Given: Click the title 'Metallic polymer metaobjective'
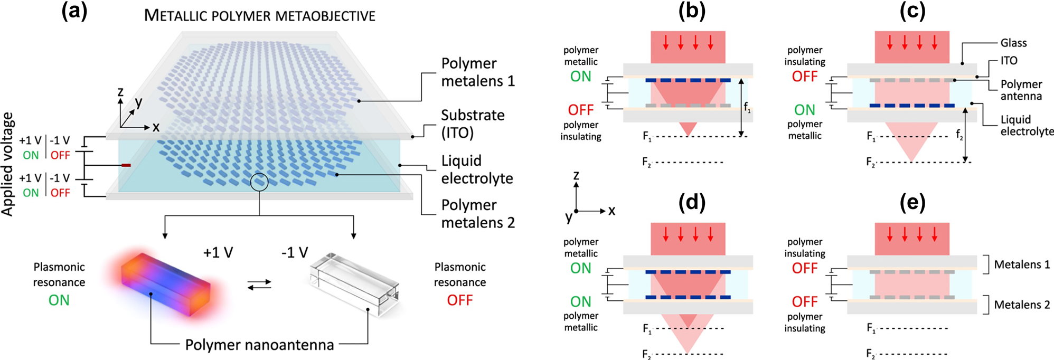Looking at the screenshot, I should (x=259, y=16).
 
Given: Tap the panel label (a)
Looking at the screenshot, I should (x=74, y=11).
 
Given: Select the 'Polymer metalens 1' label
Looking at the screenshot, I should (x=477, y=72).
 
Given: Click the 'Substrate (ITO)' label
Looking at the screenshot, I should (x=473, y=124).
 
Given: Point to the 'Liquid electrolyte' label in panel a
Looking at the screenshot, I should (x=477, y=169).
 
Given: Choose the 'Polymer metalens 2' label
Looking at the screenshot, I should (x=477, y=213).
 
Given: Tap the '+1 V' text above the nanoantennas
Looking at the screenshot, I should (x=218, y=253).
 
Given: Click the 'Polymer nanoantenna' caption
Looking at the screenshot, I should (x=259, y=345).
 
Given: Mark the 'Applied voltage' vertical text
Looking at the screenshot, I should (x=7, y=164).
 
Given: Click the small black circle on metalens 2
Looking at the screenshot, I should (x=259, y=183).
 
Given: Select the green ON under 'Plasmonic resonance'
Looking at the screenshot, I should (x=59, y=300).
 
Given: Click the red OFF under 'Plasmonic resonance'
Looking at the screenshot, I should (x=459, y=300).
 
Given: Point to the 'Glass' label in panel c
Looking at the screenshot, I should (x=1013, y=43).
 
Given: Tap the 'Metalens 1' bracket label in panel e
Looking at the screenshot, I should (x=1021, y=264).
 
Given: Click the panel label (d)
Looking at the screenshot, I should (x=691, y=202).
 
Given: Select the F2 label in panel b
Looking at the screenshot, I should (x=647, y=162).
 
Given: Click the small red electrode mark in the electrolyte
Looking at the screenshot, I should (x=126, y=165).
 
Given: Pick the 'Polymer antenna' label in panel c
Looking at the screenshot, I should (x=1021, y=90).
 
